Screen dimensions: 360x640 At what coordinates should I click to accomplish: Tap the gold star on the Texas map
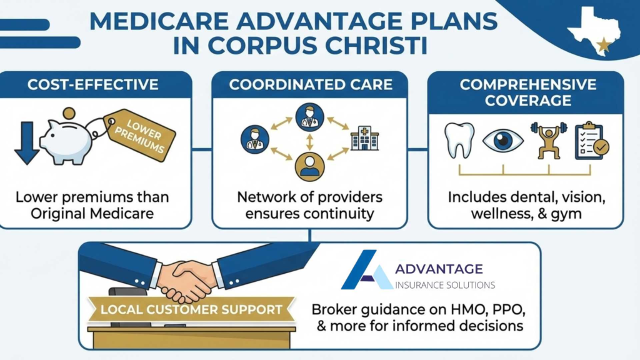click(x=604, y=44)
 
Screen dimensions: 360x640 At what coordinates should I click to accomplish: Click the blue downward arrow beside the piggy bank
click(x=26, y=143)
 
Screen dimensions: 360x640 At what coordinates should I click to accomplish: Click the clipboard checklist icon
click(x=589, y=141)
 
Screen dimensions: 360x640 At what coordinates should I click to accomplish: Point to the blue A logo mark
click(x=367, y=270)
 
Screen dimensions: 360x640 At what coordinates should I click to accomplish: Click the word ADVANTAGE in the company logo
click(x=439, y=269)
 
